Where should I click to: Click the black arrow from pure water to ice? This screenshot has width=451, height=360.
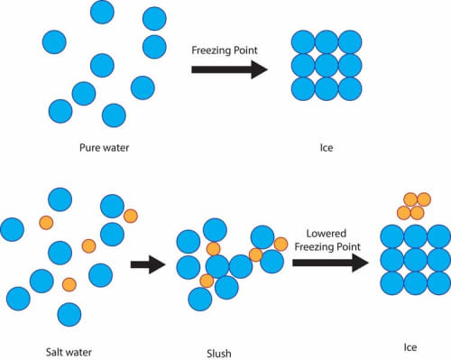coord(229,69)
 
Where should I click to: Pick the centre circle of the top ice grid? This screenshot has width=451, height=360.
coord(326,65)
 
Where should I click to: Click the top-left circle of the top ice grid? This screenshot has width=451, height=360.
coord(303,42)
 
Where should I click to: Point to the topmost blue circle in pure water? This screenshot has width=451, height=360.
coord(103,12)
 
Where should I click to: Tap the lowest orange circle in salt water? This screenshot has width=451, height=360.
coord(69,284)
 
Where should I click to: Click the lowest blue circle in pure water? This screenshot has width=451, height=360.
coord(114,115)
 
